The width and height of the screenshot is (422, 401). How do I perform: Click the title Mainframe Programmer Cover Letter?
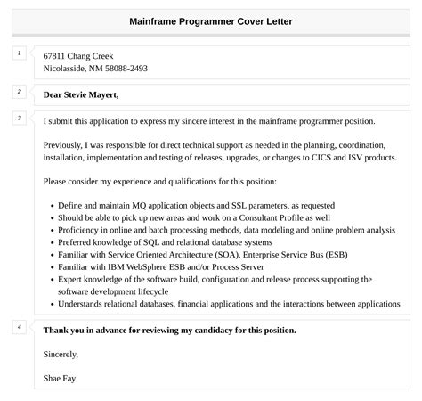(210, 20)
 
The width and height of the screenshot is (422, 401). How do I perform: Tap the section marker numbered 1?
(19, 53)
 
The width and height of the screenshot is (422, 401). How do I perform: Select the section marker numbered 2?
(19, 92)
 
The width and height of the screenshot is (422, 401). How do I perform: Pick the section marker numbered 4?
(19, 327)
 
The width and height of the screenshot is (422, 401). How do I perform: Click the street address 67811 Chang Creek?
(78, 55)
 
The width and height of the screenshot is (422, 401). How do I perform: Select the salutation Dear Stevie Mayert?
(81, 94)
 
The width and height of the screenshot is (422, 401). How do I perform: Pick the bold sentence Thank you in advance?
(169, 331)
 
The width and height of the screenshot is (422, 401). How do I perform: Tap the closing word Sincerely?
(61, 354)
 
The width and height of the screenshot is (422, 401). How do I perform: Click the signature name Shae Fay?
(61, 378)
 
